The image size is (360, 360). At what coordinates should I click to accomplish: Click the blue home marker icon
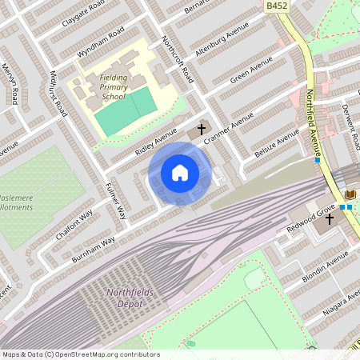click(x=180, y=172)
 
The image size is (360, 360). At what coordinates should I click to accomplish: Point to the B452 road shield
click(x=277, y=6)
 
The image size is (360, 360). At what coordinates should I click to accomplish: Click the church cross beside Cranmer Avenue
click(x=201, y=128)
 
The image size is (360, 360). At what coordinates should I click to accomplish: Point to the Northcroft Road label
click(x=177, y=61)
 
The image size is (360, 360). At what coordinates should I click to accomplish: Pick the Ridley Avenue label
click(x=154, y=138)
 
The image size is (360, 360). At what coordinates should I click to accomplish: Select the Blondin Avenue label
click(x=325, y=267)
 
